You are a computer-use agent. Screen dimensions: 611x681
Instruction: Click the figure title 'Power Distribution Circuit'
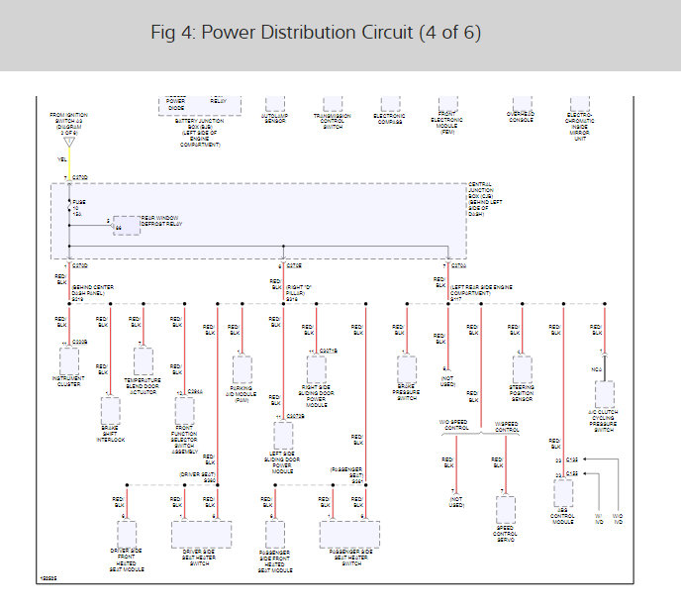(x=316, y=33)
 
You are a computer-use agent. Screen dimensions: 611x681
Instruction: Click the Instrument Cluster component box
(x=68, y=359)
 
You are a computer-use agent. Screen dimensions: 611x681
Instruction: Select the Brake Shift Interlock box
(x=110, y=410)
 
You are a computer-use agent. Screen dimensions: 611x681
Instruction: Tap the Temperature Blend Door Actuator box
(x=144, y=361)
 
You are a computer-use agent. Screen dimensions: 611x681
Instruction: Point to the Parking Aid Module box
(x=243, y=369)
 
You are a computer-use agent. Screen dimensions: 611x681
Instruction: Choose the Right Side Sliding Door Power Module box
(x=316, y=368)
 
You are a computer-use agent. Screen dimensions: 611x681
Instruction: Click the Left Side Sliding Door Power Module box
(x=283, y=436)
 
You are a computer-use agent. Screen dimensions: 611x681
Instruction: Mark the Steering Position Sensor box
(x=522, y=368)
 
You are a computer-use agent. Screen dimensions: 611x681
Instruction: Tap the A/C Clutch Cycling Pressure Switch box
(x=605, y=395)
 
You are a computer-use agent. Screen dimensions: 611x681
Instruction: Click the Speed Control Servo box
(x=506, y=510)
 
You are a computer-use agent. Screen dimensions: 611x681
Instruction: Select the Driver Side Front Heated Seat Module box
(x=127, y=534)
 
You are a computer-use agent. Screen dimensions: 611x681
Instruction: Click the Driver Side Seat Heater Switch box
(x=201, y=534)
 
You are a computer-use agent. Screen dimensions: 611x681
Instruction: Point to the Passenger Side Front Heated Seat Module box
(x=275, y=535)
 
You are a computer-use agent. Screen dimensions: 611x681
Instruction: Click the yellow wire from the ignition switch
(x=69, y=163)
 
